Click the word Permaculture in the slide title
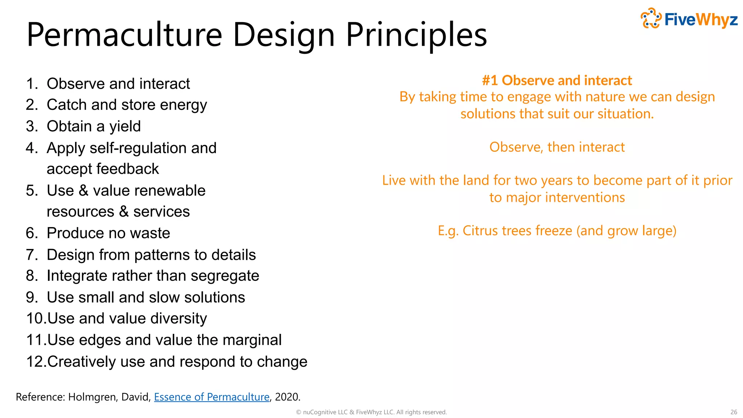coord(124,35)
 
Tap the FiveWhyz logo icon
coord(651,18)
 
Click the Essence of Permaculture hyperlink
coord(212,397)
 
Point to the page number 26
coord(734,412)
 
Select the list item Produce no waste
coord(108,233)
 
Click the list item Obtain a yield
coord(94,126)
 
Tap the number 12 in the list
coord(35,361)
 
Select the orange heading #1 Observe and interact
coord(557,80)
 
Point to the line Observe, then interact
coord(557,147)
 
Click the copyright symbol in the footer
coord(299,412)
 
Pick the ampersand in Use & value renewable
coord(83,190)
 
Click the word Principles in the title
coord(416,35)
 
